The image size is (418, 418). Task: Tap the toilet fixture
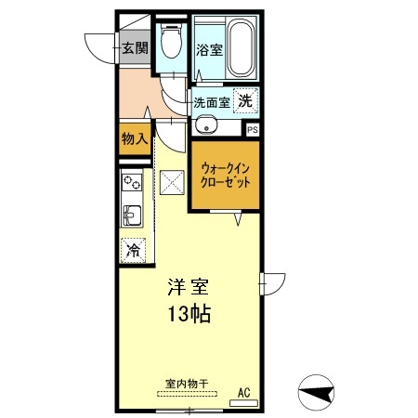(x=170, y=41)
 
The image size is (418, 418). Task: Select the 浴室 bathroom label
(x=210, y=51)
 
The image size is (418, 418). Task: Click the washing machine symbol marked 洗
(x=245, y=100)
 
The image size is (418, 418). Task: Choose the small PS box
(x=253, y=130)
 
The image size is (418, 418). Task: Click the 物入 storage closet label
(x=134, y=139)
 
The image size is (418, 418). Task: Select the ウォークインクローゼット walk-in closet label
(x=226, y=176)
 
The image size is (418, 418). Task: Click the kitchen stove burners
(x=130, y=183)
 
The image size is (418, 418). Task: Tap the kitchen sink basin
(x=130, y=216)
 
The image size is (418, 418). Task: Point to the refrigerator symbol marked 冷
(x=133, y=248)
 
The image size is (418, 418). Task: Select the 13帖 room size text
(x=189, y=313)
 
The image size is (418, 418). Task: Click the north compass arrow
(x=318, y=393)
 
